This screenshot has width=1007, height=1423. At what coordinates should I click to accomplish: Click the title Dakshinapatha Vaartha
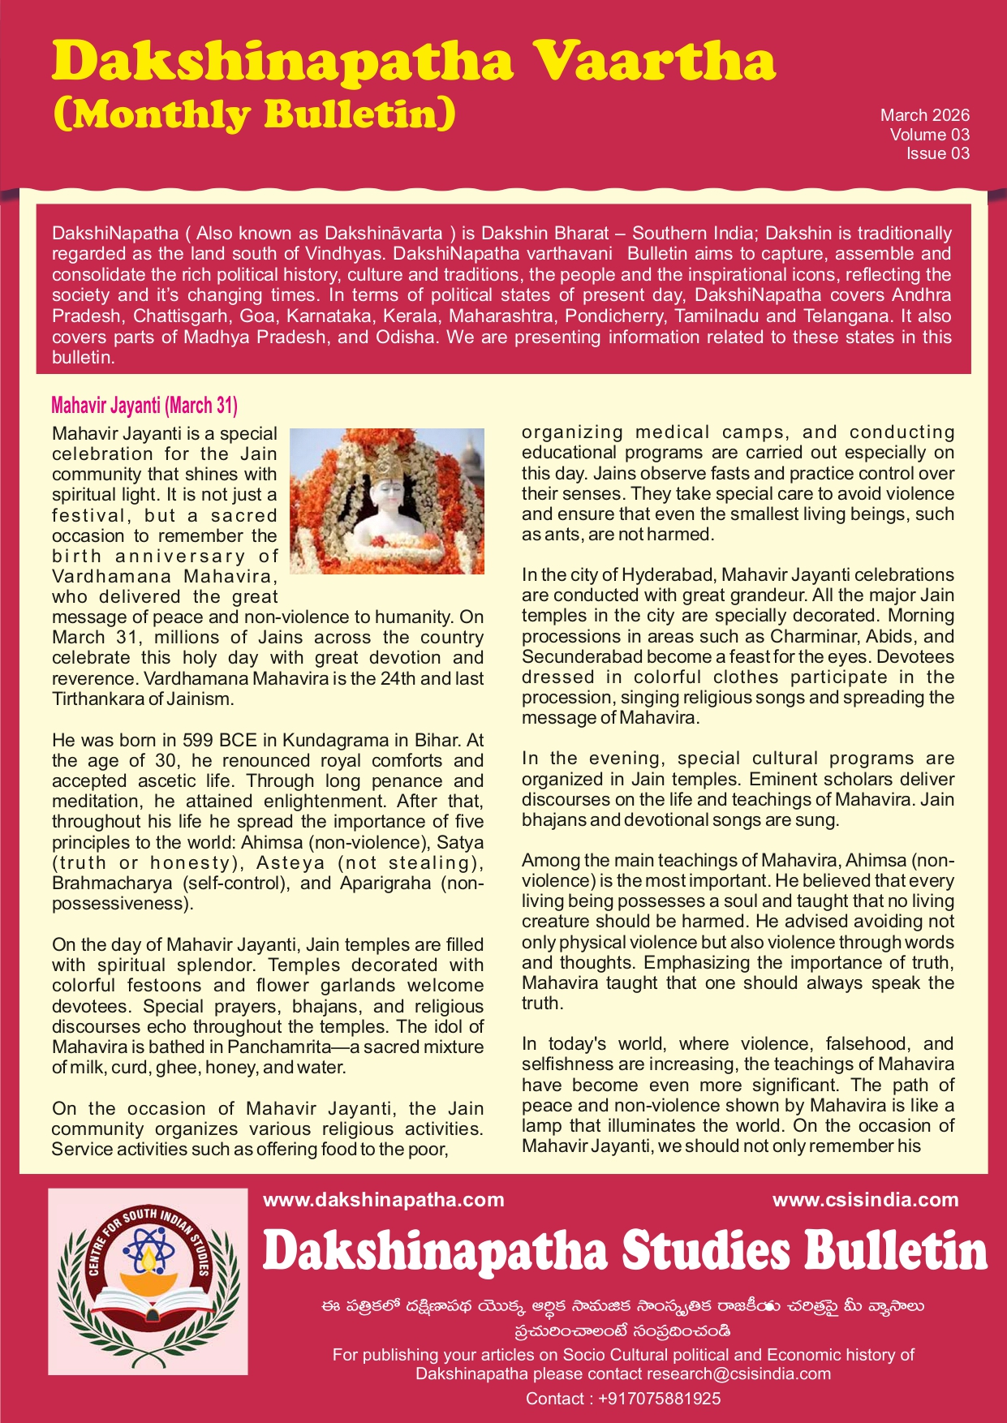tap(414, 62)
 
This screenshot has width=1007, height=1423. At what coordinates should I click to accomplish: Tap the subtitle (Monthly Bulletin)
tap(254, 114)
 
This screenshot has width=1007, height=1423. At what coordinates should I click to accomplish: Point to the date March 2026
tap(924, 115)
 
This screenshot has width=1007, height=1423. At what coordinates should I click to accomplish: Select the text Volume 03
tap(929, 135)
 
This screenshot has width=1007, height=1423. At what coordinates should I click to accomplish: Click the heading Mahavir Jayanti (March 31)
tap(144, 405)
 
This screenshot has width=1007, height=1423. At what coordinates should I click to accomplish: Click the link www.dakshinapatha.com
tap(384, 1200)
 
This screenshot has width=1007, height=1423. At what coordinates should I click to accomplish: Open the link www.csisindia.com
tap(865, 1200)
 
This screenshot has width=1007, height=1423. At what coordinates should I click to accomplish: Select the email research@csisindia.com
tap(738, 1374)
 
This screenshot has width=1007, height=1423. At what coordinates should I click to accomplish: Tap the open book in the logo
tap(148, 1305)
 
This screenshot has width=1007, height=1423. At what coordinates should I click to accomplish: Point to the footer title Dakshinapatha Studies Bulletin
tap(625, 1251)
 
